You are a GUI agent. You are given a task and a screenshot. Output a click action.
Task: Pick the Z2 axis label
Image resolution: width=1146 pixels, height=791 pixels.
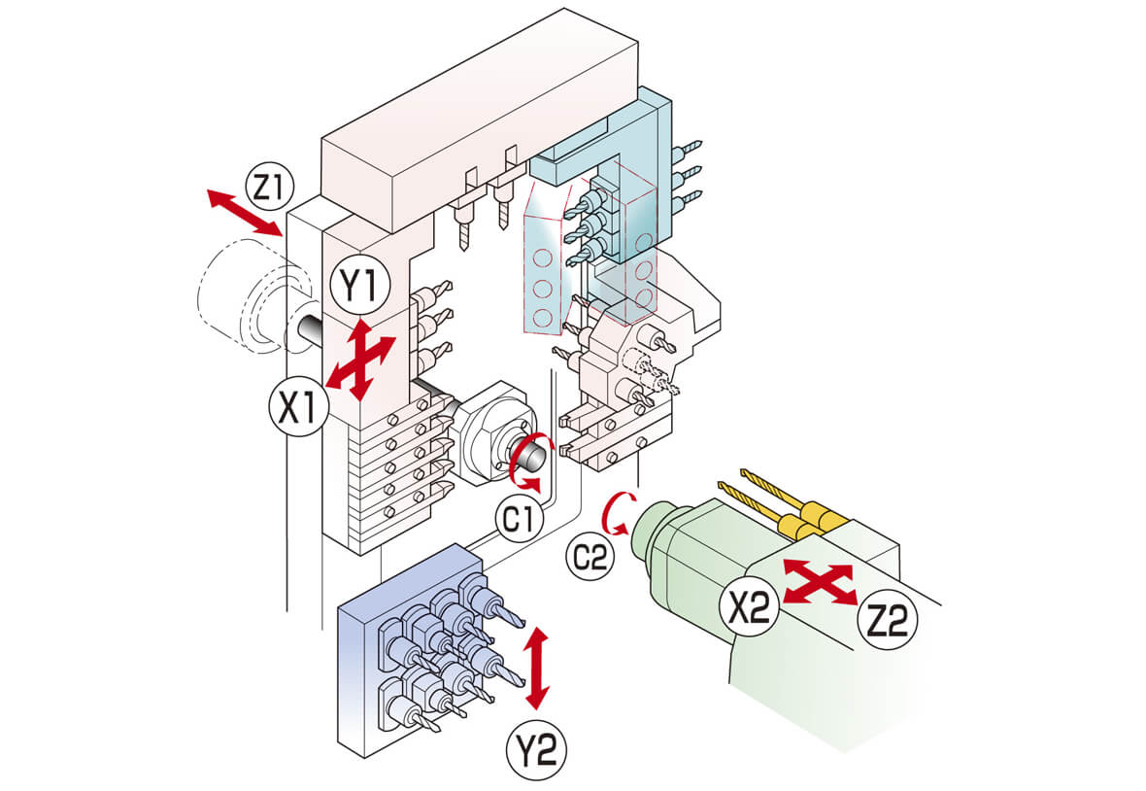[887, 617]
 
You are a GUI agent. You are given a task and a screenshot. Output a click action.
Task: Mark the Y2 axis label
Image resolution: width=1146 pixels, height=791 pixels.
[535, 749]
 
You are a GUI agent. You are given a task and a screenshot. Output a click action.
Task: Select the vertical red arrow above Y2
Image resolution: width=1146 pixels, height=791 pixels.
[537, 668]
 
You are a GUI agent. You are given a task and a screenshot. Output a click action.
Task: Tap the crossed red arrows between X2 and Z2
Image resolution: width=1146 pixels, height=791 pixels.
[818, 582]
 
